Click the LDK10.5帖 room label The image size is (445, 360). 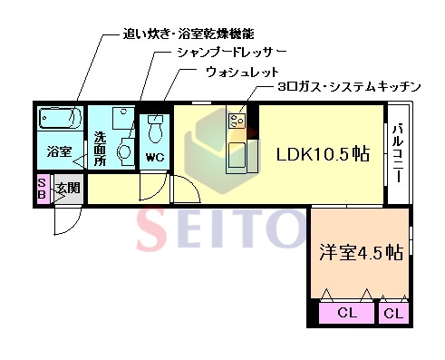(x=323, y=154)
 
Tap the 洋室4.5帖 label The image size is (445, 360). (x=360, y=253)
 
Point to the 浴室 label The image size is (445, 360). (x=60, y=152)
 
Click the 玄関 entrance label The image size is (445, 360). (x=67, y=189)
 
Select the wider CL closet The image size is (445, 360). (x=347, y=313)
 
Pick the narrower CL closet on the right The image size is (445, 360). (x=393, y=313)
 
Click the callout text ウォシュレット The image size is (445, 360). (x=241, y=71)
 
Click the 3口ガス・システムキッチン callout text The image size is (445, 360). (x=350, y=88)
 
